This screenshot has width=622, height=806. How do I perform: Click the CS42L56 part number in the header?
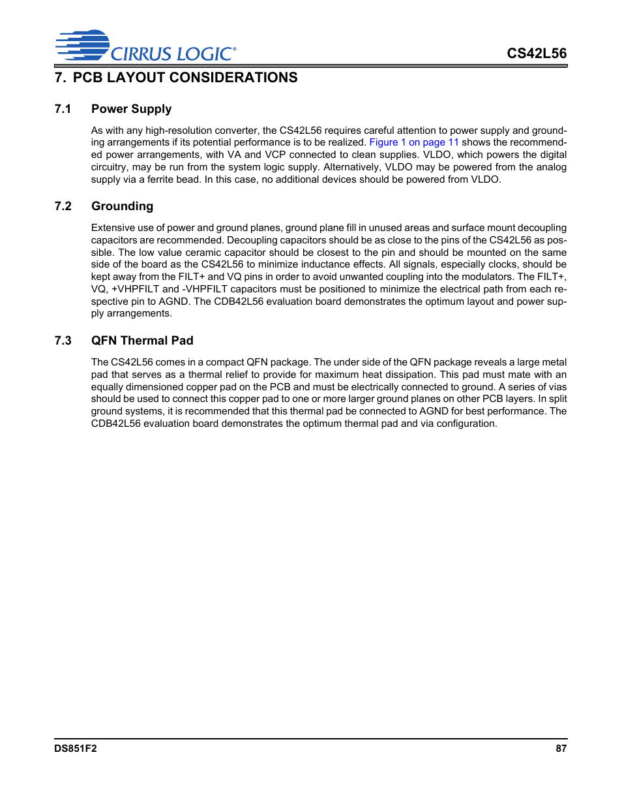point(537,54)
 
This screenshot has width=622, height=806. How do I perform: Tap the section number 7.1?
point(63,109)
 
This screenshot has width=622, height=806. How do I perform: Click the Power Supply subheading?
point(131,109)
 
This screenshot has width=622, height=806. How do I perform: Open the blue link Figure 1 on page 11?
point(414,142)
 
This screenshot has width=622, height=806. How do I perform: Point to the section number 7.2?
point(63,206)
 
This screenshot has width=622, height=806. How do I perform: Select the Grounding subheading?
point(122,206)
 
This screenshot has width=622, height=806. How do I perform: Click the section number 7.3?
point(63,341)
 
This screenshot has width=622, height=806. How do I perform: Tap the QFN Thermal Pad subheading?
point(142,341)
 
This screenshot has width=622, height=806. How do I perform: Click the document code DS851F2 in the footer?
point(75,749)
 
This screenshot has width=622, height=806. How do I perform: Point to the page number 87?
point(561,749)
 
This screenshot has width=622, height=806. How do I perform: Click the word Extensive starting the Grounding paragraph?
point(113,228)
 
